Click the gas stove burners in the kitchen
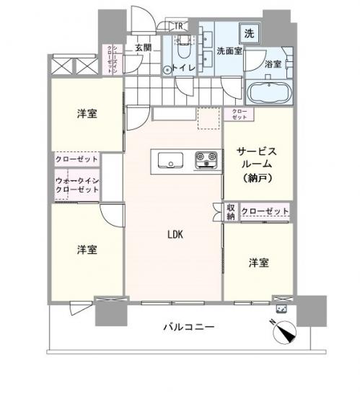tap(206, 158)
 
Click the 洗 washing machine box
tap(248, 32)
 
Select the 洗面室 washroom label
tap(227, 51)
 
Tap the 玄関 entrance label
tap(141, 48)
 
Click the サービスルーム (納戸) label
tap(258, 163)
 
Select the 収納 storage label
tap(230, 211)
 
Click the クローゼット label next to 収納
tap(264, 211)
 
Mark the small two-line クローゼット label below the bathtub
tap(239, 114)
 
